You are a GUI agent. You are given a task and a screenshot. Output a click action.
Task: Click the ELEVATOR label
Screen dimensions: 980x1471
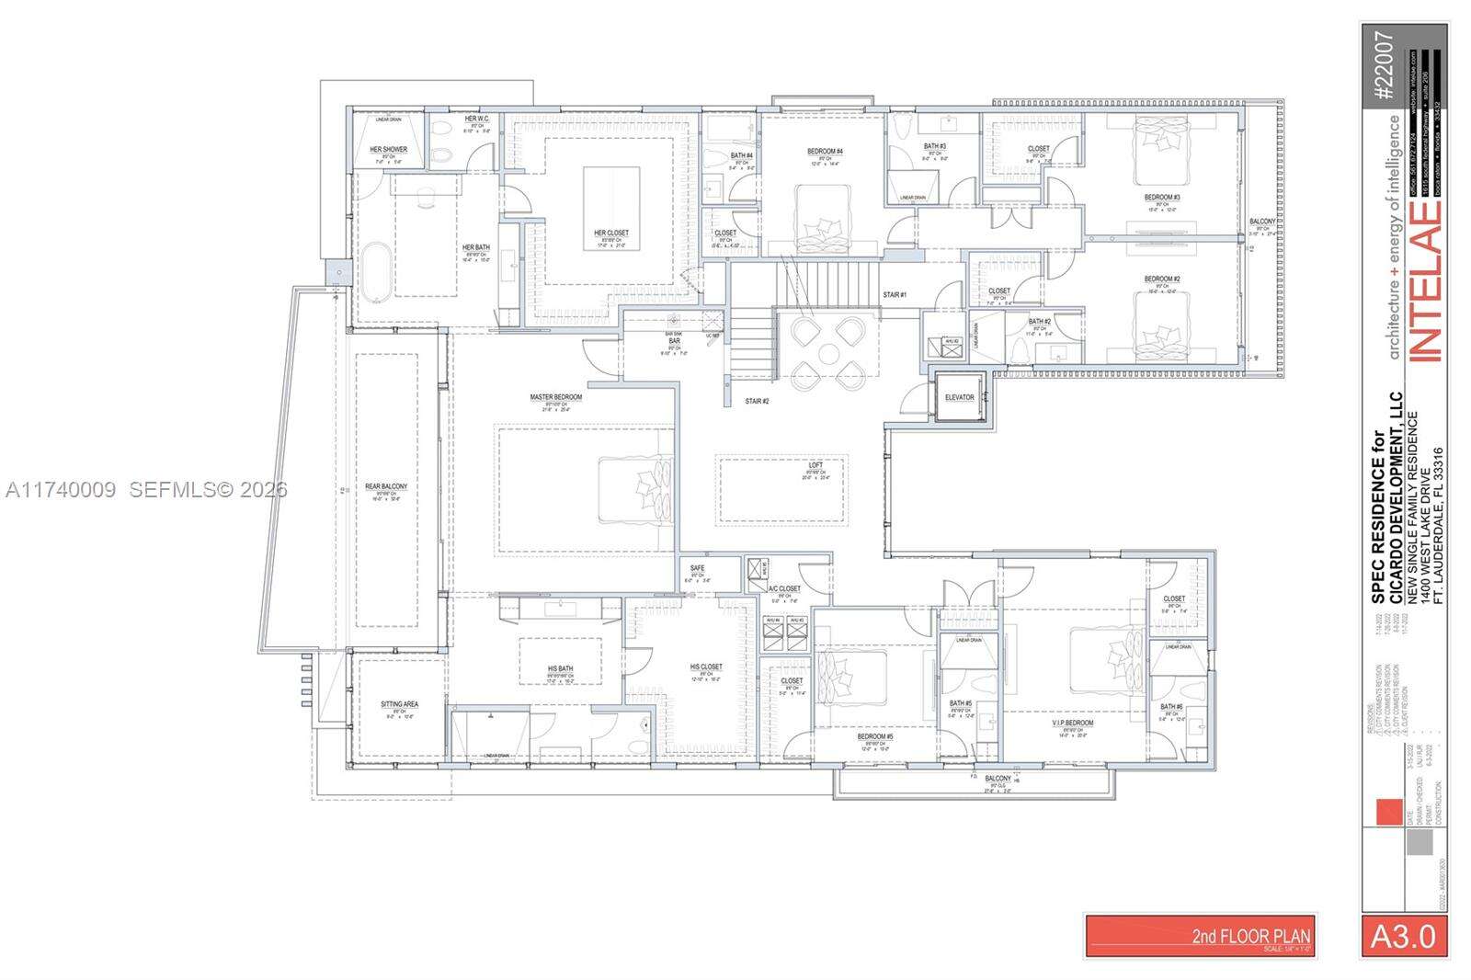pyautogui.click(x=959, y=397)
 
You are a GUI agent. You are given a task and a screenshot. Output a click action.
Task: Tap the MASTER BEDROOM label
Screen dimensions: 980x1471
pyautogui.click(x=555, y=397)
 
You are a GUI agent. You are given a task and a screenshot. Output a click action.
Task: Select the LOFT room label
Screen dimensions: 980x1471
pyautogui.click(x=815, y=465)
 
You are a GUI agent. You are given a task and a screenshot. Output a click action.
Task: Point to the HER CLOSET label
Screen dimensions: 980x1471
pyautogui.click(x=611, y=233)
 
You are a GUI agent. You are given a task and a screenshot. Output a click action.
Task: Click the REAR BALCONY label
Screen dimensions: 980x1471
pyautogui.click(x=386, y=486)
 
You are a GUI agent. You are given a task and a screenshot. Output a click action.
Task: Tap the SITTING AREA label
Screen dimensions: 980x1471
pyautogui.click(x=399, y=704)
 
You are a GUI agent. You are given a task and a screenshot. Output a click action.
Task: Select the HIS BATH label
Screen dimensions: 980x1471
pyautogui.click(x=560, y=668)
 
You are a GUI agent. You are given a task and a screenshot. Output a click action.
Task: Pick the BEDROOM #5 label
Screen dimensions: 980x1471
pyautogui.click(x=875, y=736)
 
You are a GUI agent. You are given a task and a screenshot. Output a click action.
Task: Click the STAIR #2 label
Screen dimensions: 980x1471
pyautogui.click(x=757, y=401)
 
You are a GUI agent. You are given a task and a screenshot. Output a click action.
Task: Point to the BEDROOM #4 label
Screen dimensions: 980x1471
pyautogui.click(x=826, y=152)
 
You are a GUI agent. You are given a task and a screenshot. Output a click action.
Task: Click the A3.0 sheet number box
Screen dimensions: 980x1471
pyautogui.click(x=1403, y=936)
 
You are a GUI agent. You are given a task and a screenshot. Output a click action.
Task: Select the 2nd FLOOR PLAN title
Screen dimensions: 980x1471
pyautogui.click(x=1251, y=936)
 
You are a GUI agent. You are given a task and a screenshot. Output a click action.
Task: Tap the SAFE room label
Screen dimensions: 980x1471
pyautogui.click(x=697, y=568)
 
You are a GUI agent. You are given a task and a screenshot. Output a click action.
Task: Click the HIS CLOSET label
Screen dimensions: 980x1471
pyautogui.click(x=706, y=667)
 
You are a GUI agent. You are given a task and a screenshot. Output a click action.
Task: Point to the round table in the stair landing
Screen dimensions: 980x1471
pyautogui.click(x=828, y=352)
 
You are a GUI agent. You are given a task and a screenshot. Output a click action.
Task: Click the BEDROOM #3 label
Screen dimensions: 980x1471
pyautogui.click(x=1161, y=198)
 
